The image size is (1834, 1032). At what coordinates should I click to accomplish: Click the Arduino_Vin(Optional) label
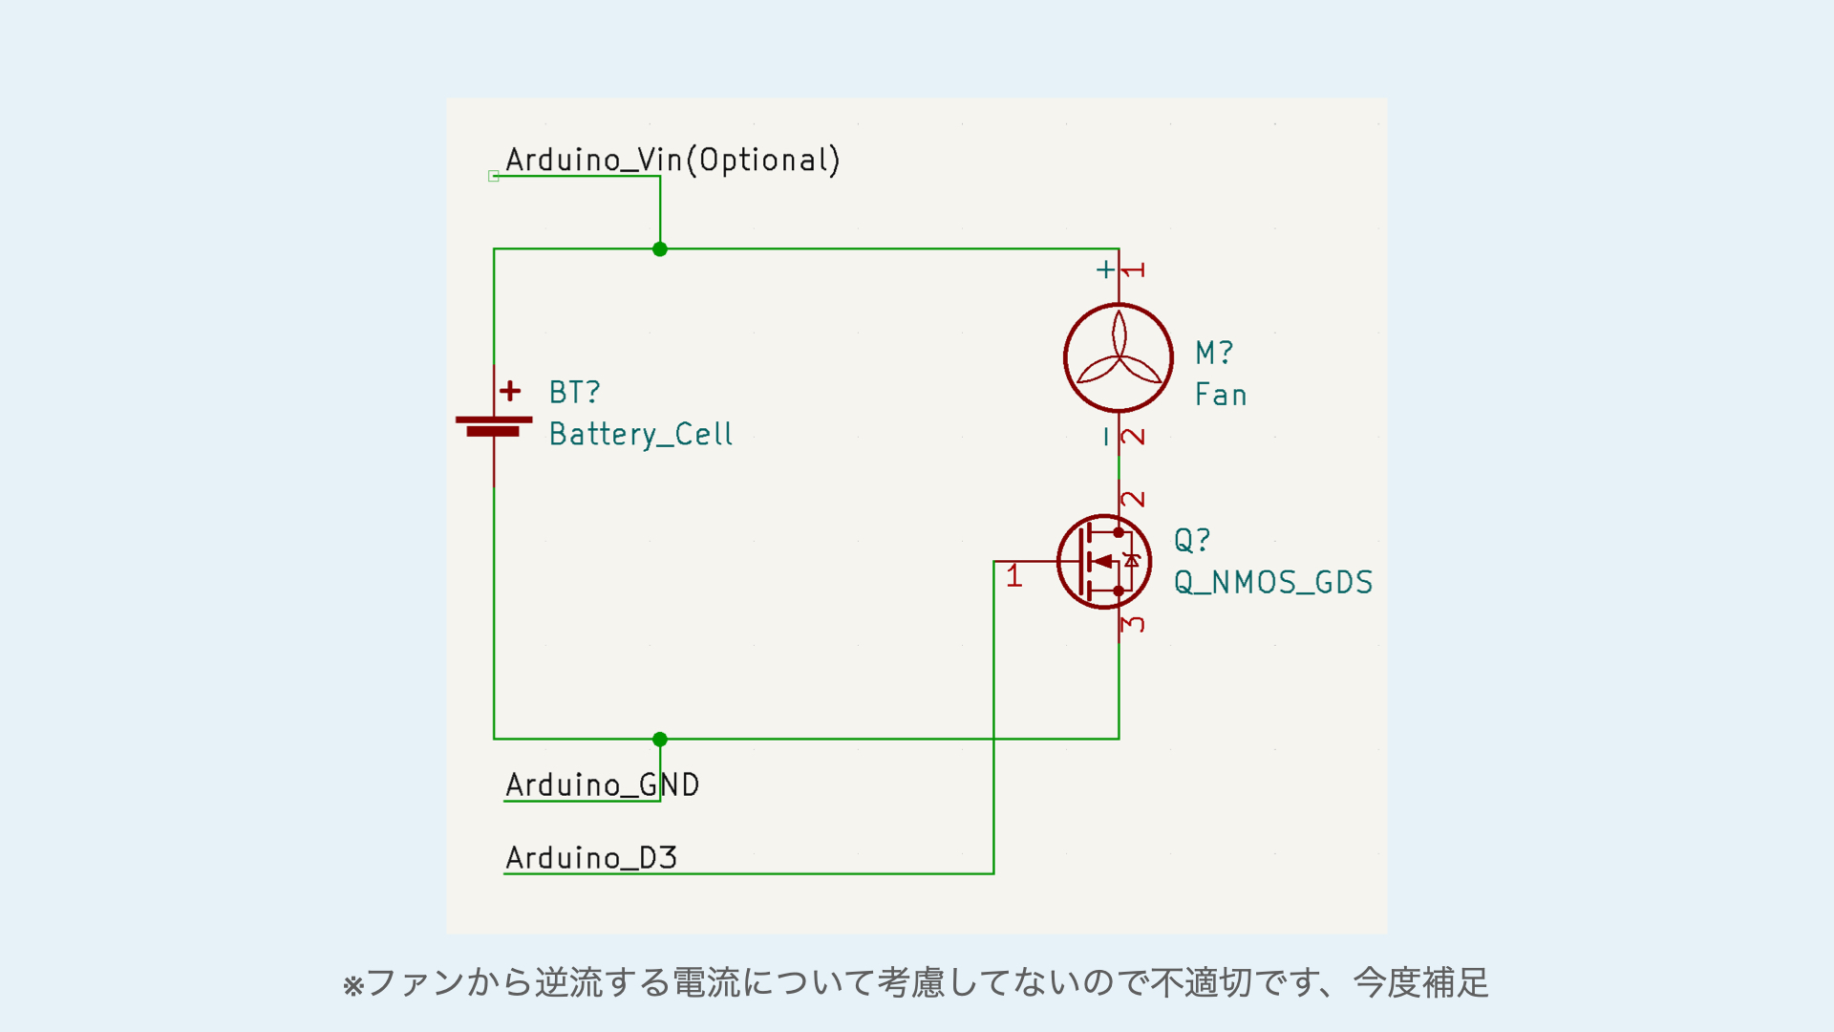click(672, 160)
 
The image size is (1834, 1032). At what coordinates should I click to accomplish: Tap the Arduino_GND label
click(602, 785)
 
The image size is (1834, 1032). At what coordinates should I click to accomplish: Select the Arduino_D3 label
click(591, 857)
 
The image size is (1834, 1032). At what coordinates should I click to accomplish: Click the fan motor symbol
click(1119, 358)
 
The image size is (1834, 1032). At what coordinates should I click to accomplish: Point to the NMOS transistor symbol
click(1104, 562)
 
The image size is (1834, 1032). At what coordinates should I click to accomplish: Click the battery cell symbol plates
click(494, 425)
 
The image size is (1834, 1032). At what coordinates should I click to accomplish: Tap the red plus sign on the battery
click(510, 390)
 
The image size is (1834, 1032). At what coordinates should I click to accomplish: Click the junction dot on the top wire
click(660, 249)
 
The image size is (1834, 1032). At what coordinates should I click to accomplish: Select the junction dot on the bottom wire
click(660, 739)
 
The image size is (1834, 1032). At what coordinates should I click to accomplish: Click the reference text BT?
click(574, 392)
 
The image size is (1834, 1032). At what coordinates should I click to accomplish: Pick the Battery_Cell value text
click(641, 434)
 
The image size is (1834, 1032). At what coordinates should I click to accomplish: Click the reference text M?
click(1214, 353)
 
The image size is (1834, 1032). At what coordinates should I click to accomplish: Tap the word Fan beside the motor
click(1221, 395)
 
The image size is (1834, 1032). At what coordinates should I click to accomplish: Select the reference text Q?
click(1192, 540)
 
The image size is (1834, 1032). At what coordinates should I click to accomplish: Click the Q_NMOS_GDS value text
click(1273, 582)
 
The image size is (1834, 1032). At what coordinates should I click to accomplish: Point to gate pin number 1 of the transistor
click(1014, 575)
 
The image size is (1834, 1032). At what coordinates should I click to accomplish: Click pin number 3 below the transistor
click(1133, 624)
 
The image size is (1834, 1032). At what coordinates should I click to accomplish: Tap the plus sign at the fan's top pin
click(1105, 269)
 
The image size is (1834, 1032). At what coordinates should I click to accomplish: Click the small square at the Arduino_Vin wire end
click(494, 176)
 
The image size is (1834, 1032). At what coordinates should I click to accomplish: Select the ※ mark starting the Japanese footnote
click(353, 985)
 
